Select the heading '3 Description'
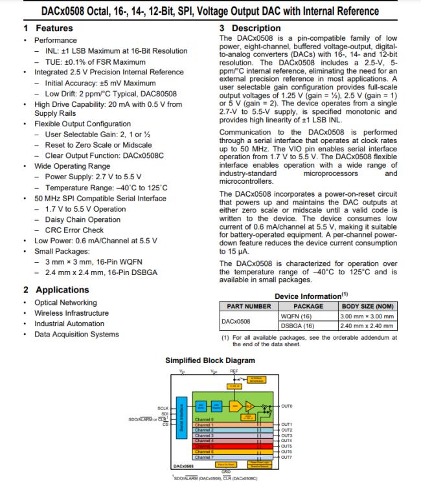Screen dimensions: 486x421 250,28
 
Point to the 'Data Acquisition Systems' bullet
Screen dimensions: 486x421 76,334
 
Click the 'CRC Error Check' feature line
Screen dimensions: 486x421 74,230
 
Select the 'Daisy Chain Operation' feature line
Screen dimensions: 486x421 82,219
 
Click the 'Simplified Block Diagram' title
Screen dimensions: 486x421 210,360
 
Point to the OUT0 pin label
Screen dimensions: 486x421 287,406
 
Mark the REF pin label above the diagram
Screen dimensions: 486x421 234,371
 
